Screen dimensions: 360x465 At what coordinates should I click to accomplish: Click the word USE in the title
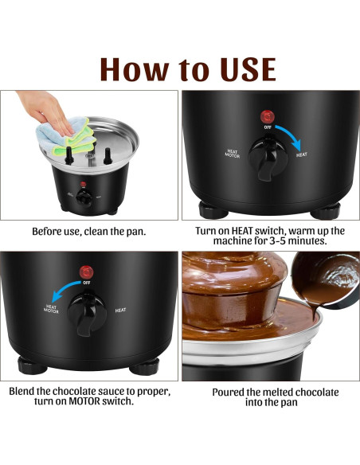pyautogui.click(x=248, y=69)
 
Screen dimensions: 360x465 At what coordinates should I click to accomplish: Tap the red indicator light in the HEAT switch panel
pyautogui.click(x=268, y=117)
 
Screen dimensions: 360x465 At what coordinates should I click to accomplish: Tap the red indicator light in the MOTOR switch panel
pyautogui.click(x=87, y=272)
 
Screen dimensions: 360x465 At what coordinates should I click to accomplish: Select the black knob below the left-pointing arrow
pyautogui.click(x=87, y=314)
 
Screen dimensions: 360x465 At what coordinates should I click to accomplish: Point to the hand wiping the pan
pyautogui.click(x=46, y=111)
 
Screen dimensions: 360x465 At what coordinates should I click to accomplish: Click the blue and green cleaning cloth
pyautogui.click(x=67, y=136)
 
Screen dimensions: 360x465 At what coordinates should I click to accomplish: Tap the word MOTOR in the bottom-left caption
pyautogui.click(x=84, y=401)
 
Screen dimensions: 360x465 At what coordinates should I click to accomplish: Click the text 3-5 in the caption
pyautogui.click(x=278, y=240)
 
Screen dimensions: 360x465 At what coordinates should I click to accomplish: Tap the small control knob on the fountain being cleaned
pyautogui.click(x=84, y=197)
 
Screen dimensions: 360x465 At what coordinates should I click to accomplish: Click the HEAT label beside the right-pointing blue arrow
pyautogui.click(x=302, y=154)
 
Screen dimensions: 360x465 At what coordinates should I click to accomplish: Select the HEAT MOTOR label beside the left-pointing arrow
pyautogui.click(x=51, y=309)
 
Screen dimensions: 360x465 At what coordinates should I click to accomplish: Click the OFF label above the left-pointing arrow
pyautogui.click(x=87, y=283)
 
